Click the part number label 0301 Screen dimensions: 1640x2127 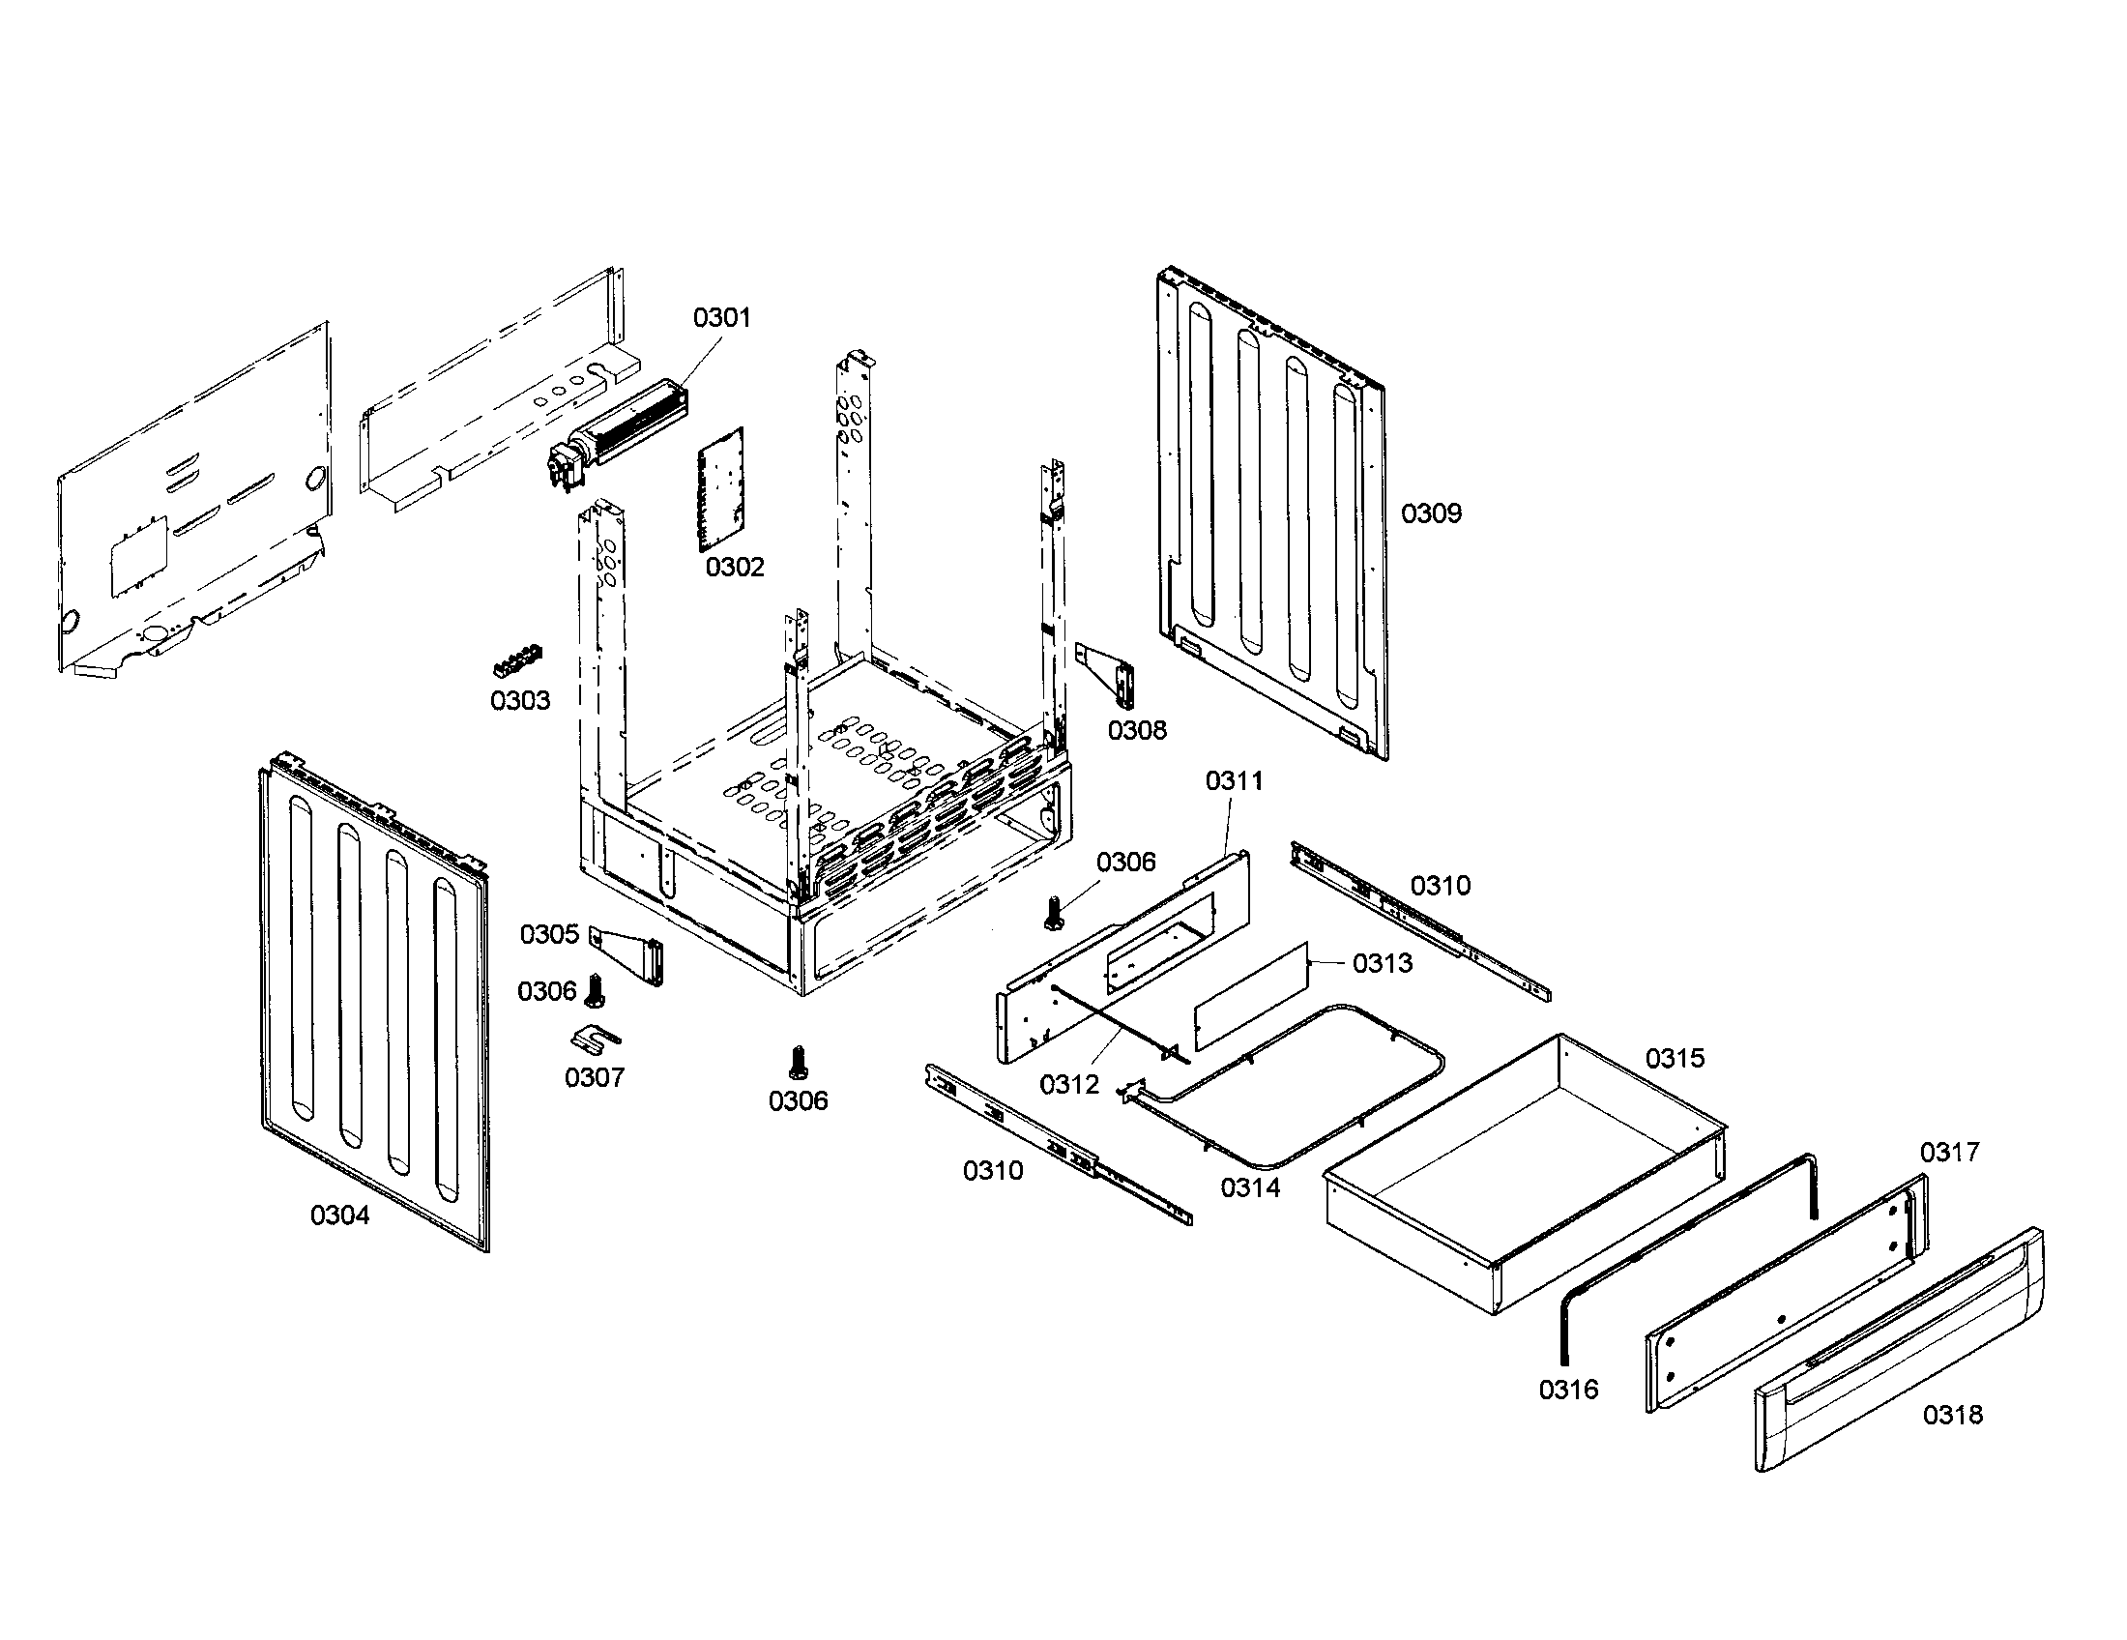click(721, 317)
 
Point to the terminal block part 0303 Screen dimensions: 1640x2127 click(518, 661)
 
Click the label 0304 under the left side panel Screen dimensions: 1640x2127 click(340, 1215)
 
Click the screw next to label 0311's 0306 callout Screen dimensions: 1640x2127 click(1052, 913)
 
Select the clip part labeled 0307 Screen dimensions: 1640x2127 click(594, 1040)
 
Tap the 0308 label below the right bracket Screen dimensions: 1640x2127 click(1137, 730)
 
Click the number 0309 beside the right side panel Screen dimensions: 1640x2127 click(1431, 513)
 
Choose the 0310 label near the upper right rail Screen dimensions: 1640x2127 click(1441, 885)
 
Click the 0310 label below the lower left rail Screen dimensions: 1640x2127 click(992, 1171)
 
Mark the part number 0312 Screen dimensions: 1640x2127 click(1068, 1085)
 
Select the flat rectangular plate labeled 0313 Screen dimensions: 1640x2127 click(1249, 995)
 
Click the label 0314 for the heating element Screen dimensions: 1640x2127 click(1249, 1187)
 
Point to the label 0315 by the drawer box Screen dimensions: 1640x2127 click(1675, 1059)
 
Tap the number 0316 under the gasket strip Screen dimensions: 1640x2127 click(1568, 1390)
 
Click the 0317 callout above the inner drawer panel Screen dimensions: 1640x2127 click(1949, 1153)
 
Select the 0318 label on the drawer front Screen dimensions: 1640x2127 click(1952, 1415)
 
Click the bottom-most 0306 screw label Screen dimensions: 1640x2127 click(798, 1101)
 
